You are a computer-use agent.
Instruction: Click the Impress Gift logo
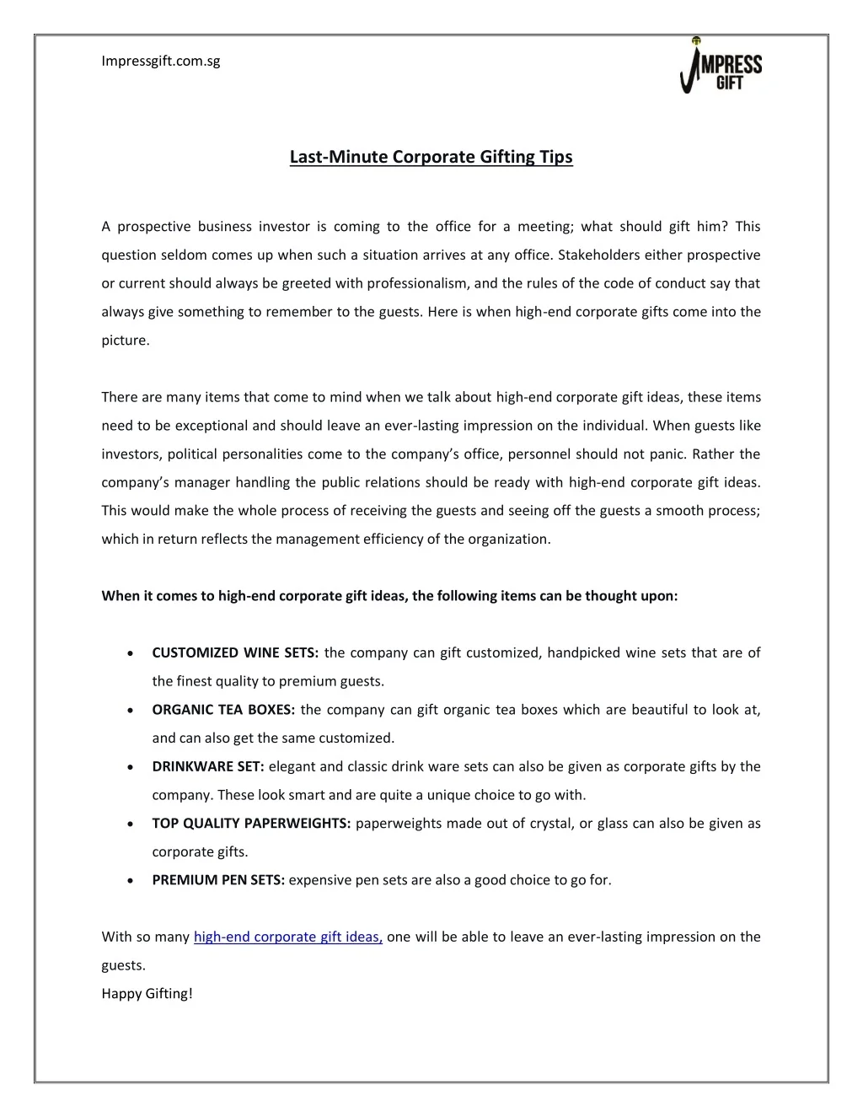(x=721, y=66)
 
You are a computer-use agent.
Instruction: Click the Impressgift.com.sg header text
(x=160, y=61)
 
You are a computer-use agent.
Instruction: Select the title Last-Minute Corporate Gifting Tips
(x=431, y=157)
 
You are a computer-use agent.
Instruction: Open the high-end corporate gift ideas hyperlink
(x=288, y=937)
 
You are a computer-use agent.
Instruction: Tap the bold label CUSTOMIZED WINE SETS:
(x=235, y=652)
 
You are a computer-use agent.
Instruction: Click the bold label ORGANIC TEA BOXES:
(x=223, y=710)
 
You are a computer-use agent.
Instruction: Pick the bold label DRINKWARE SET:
(x=208, y=766)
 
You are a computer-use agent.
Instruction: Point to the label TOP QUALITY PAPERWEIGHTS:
(x=251, y=824)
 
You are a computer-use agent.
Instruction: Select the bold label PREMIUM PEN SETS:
(x=218, y=880)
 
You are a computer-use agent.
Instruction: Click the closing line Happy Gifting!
(x=147, y=993)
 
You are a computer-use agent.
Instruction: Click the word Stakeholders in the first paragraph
(x=598, y=255)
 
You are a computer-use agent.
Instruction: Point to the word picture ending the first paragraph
(x=124, y=341)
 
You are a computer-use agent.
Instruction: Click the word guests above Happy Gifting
(x=122, y=965)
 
